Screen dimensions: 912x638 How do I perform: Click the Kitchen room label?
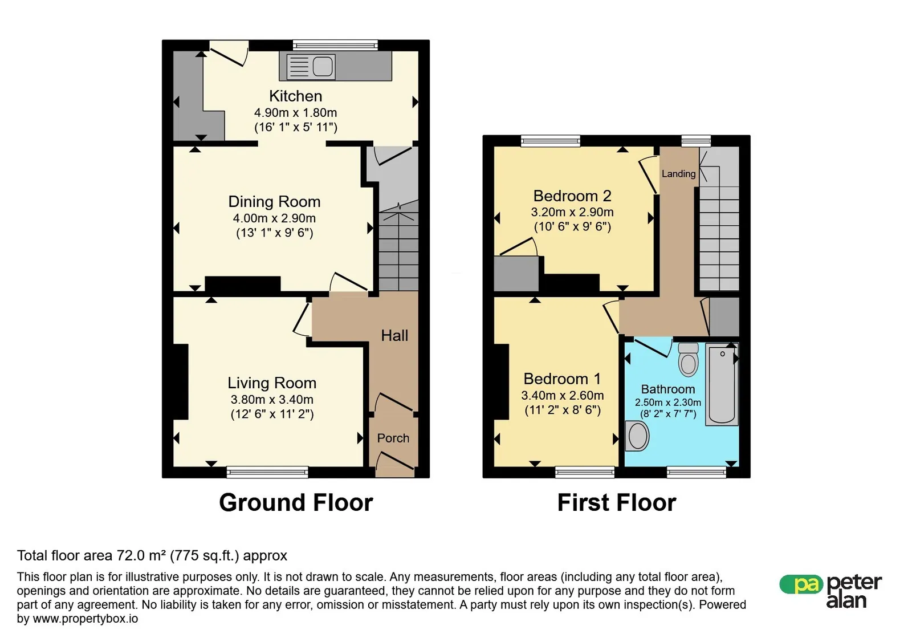coord(296,96)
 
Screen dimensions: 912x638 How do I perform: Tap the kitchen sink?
coord(311,66)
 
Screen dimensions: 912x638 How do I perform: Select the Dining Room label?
coord(274,201)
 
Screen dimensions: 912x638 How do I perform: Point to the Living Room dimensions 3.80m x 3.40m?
coord(272,400)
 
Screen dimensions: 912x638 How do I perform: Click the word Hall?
coord(394,335)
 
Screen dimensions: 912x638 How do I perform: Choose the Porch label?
coord(393,438)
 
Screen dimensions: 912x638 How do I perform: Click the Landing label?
coord(678,174)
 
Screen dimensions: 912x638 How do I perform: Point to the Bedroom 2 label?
coord(572,196)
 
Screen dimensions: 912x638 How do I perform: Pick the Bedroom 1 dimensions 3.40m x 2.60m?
coord(562,395)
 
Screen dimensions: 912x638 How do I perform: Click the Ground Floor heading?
coord(296,502)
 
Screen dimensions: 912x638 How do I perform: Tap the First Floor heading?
coord(616,502)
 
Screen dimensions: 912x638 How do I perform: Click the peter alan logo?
coord(830,591)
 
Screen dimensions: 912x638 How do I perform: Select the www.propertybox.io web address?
coord(85,619)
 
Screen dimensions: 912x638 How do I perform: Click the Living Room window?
coord(267,472)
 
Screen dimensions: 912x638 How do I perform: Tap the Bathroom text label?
coord(667,389)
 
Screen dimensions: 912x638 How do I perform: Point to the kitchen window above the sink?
coord(335,45)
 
